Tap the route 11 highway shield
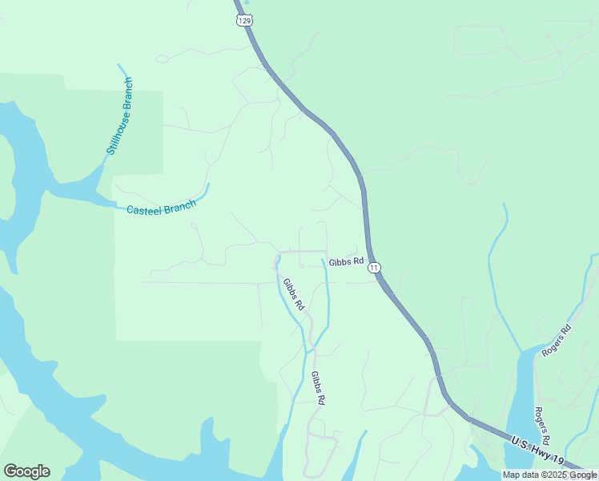375,268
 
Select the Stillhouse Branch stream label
119,116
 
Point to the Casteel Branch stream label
161,208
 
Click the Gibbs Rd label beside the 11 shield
347,261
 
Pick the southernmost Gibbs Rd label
318,388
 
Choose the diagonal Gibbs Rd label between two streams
294,294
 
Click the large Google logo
26,471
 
